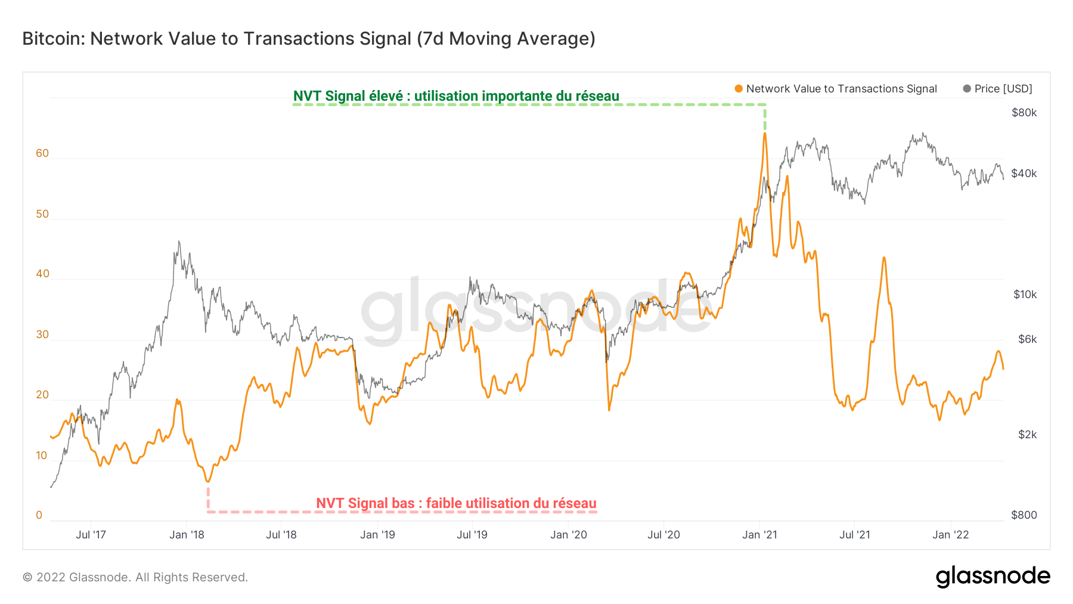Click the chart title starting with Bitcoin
308,39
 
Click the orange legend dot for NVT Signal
739,89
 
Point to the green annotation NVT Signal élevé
455,96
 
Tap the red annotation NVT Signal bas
455,503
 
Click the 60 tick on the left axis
42,153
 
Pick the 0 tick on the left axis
39,515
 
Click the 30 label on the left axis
42,334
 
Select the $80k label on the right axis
1024,113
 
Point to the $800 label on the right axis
1024,515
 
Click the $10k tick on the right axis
1025,295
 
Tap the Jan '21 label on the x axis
759,535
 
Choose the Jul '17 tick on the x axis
91,535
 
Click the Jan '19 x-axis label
377,535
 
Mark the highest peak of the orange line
765,134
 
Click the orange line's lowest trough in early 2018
207,481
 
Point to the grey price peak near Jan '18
179,241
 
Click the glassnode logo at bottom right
993,577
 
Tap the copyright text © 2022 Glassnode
135,577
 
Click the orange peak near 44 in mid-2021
884,258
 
